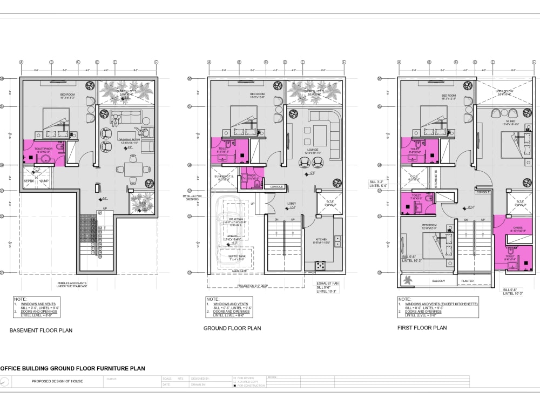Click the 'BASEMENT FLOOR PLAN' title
41,330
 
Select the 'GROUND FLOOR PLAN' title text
232,328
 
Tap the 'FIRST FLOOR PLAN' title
422,328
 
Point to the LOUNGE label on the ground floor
314,150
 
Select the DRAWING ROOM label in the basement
129,140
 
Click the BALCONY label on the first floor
438,281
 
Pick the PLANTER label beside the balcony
467,281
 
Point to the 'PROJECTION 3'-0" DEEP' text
253,286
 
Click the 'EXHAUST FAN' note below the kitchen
327,282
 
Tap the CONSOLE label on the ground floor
276,187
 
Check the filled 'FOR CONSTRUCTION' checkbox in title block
234,386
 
